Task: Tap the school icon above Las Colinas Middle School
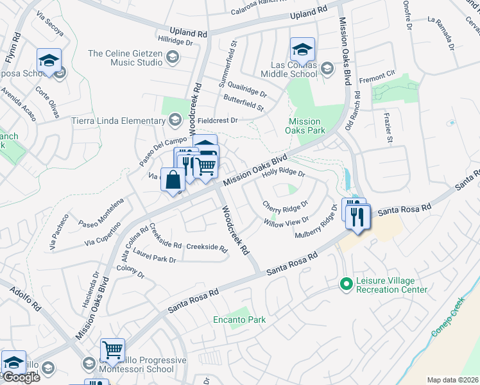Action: (302, 49)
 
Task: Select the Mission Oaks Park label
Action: (304, 126)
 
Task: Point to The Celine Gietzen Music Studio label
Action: (125, 58)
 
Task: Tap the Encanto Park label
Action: (239, 320)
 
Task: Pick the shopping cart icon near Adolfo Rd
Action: (113, 350)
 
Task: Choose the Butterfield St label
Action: (243, 103)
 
